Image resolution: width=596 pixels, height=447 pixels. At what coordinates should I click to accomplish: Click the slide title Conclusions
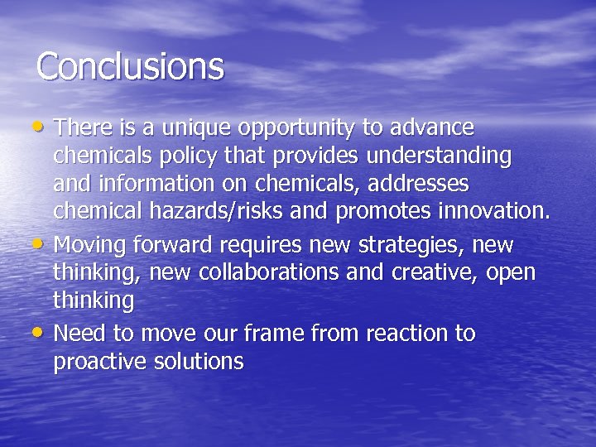click(130, 66)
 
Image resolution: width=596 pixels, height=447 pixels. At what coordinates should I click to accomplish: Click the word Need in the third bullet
click(77, 334)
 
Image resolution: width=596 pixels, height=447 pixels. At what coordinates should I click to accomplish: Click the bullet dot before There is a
click(41, 127)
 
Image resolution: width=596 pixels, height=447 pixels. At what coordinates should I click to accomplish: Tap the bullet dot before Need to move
click(41, 333)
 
